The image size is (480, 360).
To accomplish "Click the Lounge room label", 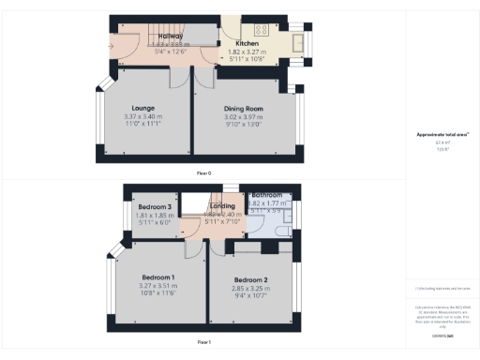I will point(142,108).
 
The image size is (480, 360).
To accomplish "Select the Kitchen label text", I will point(247,43).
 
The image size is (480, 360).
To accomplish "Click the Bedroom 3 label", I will point(155,206).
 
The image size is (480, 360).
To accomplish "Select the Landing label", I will point(222,206).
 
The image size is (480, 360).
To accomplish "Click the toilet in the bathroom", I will point(283,228).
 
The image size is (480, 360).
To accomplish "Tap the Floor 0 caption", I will point(203,173).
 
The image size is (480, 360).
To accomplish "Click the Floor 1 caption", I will point(203,343).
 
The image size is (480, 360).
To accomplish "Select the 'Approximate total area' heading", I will point(441,135).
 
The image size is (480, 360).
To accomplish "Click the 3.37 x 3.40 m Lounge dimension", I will point(142,116).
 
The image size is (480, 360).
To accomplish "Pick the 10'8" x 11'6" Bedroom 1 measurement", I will point(158,293).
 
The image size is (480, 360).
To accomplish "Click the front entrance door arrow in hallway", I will point(112,43).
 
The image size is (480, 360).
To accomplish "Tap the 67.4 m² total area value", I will point(441,143).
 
